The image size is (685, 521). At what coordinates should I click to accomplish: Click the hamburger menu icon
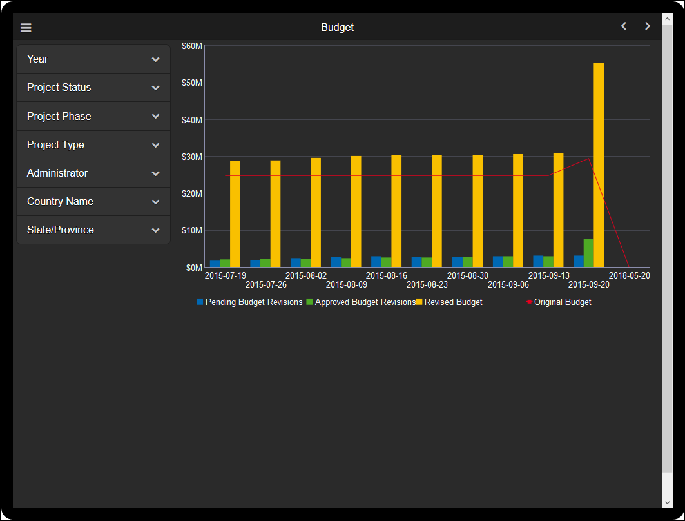pos(26,28)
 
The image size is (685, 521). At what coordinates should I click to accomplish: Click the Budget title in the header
pos(337,28)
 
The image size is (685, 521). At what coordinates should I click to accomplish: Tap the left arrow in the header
pos(623,26)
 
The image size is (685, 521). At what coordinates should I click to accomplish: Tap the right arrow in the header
pos(648,26)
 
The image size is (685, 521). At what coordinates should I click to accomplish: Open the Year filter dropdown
pos(93,59)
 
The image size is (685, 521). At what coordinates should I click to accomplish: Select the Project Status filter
pos(93,88)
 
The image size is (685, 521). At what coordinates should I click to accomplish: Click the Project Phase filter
pos(93,117)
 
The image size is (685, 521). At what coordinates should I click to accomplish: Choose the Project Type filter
pos(93,145)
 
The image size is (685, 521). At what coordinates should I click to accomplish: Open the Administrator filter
pos(93,173)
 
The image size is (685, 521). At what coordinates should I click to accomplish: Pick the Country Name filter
pos(93,202)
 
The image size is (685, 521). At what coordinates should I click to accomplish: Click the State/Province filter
pos(93,230)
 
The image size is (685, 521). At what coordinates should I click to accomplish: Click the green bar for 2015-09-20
pos(588,253)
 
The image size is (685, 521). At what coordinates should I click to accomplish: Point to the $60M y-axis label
pos(192,46)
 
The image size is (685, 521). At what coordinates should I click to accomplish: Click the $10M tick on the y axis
pos(192,231)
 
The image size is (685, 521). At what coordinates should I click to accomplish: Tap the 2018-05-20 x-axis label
pos(629,276)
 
